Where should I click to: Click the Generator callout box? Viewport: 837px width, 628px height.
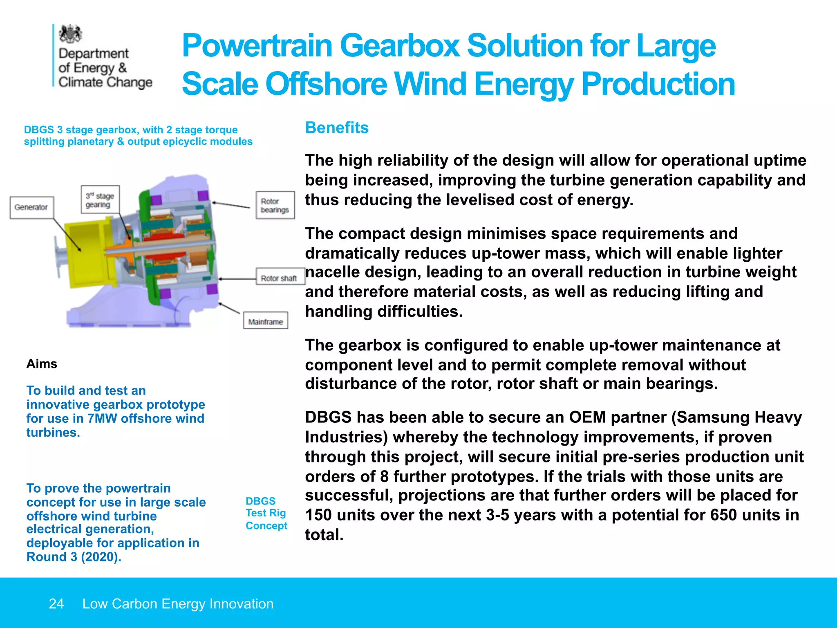[31, 207]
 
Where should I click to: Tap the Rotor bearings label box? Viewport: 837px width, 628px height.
[275, 205]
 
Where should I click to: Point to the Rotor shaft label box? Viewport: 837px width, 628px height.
[280, 278]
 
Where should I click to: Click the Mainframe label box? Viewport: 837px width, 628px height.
[266, 321]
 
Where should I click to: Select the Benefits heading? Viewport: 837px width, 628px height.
[337, 128]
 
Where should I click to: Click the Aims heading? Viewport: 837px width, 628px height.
[42, 363]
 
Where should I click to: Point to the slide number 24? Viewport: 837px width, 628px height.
[56, 603]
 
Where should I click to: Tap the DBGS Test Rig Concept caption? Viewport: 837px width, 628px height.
[266, 513]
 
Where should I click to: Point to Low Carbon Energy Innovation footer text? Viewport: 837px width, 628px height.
[178, 603]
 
